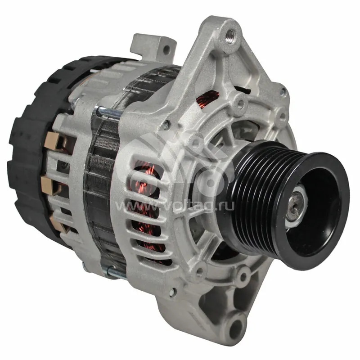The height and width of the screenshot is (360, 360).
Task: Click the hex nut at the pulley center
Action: click(x=296, y=205)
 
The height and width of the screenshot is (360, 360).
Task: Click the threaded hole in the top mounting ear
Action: click(x=230, y=35)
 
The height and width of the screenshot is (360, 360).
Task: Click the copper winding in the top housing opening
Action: click(x=207, y=97)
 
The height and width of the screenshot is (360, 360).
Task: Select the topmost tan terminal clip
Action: click(x=53, y=141)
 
